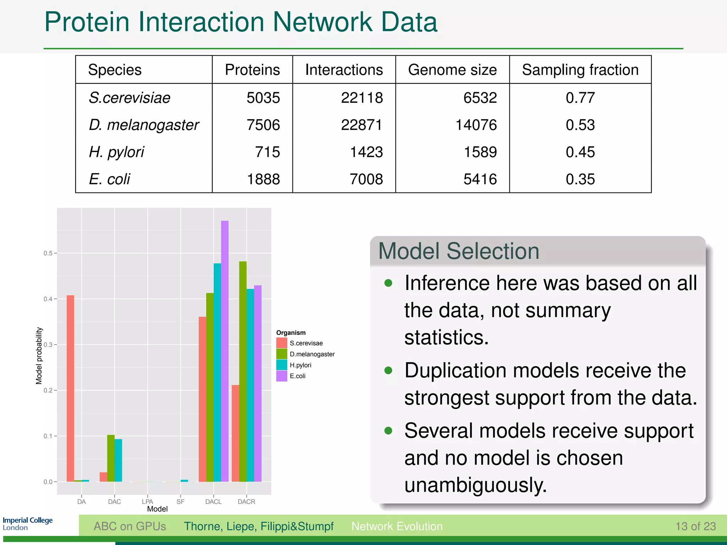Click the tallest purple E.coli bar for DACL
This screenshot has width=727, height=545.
click(225, 351)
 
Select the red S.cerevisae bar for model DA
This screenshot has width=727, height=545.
click(70, 389)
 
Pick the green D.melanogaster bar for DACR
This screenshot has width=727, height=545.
click(243, 371)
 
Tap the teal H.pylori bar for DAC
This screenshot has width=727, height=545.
click(118, 460)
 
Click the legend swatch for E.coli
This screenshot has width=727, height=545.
click(281, 376)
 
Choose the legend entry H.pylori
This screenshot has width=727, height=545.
click(300, 365)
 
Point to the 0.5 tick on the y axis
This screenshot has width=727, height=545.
click(48, 253)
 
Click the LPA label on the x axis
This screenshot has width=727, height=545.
click(147, 502)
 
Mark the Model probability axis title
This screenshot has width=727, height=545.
click(39, 356)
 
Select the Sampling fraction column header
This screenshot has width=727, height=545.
click(580, 70)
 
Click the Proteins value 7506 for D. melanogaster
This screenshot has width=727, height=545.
click(263, 125)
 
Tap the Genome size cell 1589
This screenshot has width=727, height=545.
click(480, 152)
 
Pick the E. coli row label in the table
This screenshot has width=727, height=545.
click(109, 179)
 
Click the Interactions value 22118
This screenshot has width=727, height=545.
click(362, 98)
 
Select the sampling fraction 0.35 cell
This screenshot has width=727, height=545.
click(580, 179)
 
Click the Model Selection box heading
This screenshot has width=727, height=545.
click(459, 251)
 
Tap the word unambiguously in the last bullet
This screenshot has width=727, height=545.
click(475, 485)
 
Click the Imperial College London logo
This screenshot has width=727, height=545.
click(27, 524)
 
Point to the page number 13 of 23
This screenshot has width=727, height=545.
click(695, 526)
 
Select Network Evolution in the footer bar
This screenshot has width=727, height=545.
click(397, 526)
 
